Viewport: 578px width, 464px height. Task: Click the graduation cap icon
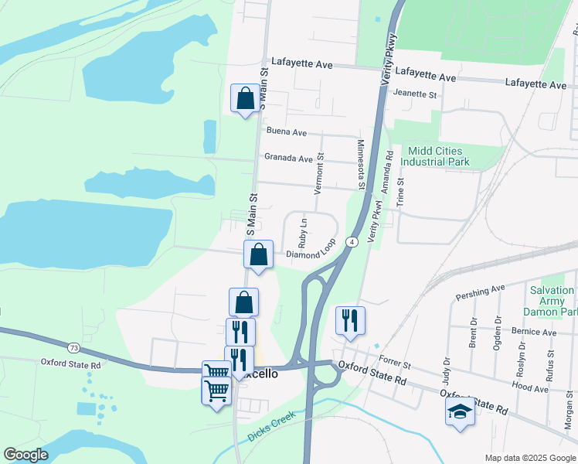tap(459, 411)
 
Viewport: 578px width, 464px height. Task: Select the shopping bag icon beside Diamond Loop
tap(258, 254)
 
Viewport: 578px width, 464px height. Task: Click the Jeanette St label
tap(415, 94)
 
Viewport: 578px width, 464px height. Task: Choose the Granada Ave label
tap(288, 158)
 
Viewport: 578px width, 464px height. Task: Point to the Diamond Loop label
tap(311, 254)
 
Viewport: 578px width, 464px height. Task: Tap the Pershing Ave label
tap(479, 292)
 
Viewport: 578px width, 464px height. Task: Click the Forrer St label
tap(394, 361)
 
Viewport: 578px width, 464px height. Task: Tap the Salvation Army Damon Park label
tap(552, 301)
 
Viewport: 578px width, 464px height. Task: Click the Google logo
tap(25, 454)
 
